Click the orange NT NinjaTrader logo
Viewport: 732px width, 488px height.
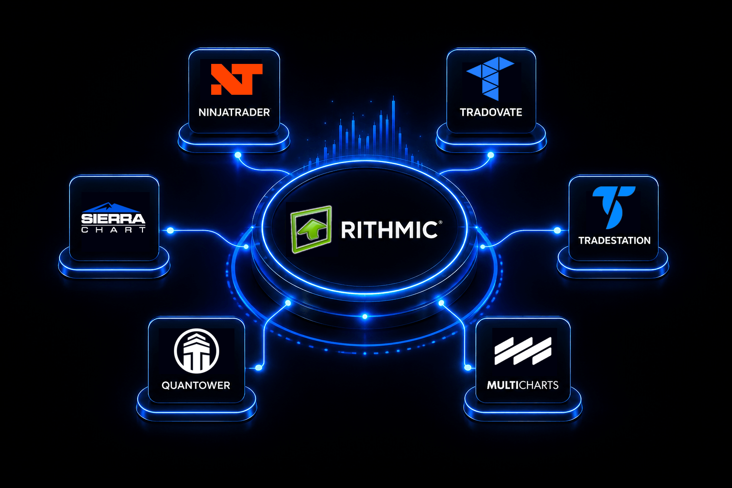pos(236,80)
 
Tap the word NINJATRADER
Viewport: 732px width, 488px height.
pos(234,112)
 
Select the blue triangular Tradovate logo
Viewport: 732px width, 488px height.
pos(490,79)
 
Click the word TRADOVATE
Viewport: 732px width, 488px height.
pos(491,112)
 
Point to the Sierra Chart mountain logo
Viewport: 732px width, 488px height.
pos(113,218)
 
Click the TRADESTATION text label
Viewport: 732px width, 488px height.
pos(614,241)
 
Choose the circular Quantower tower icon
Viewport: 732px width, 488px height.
pos(196,351)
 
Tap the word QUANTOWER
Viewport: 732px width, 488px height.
pos(196,386)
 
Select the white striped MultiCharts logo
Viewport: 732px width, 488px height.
pos(523,351)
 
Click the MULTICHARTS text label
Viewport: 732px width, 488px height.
pos(522,385)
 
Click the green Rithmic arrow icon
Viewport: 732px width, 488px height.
pos(311,229)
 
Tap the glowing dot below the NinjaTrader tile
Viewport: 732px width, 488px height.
pos(238,155)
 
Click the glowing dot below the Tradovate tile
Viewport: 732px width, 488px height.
pos(490,155)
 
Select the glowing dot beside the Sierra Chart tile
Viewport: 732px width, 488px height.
pos(170,231)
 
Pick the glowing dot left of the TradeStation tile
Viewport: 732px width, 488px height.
pos(557,231)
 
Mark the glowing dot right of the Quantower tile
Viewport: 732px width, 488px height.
pos(258,368)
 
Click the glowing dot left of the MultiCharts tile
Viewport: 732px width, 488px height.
pos(468,368)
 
